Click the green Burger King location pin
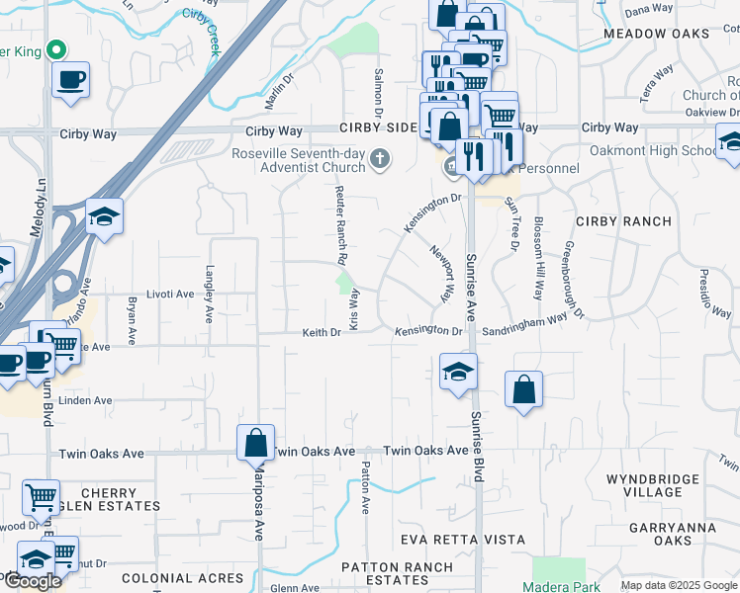pos(57,49)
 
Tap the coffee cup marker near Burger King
pos(71,80)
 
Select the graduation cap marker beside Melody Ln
pos(104,214)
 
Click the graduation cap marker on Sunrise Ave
pos(458,372)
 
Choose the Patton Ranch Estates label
pos(397,574)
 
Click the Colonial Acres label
pos(182,578)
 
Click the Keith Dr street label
pos(322,333)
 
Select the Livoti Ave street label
pos(171,295)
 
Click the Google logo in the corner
pos(32,581)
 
